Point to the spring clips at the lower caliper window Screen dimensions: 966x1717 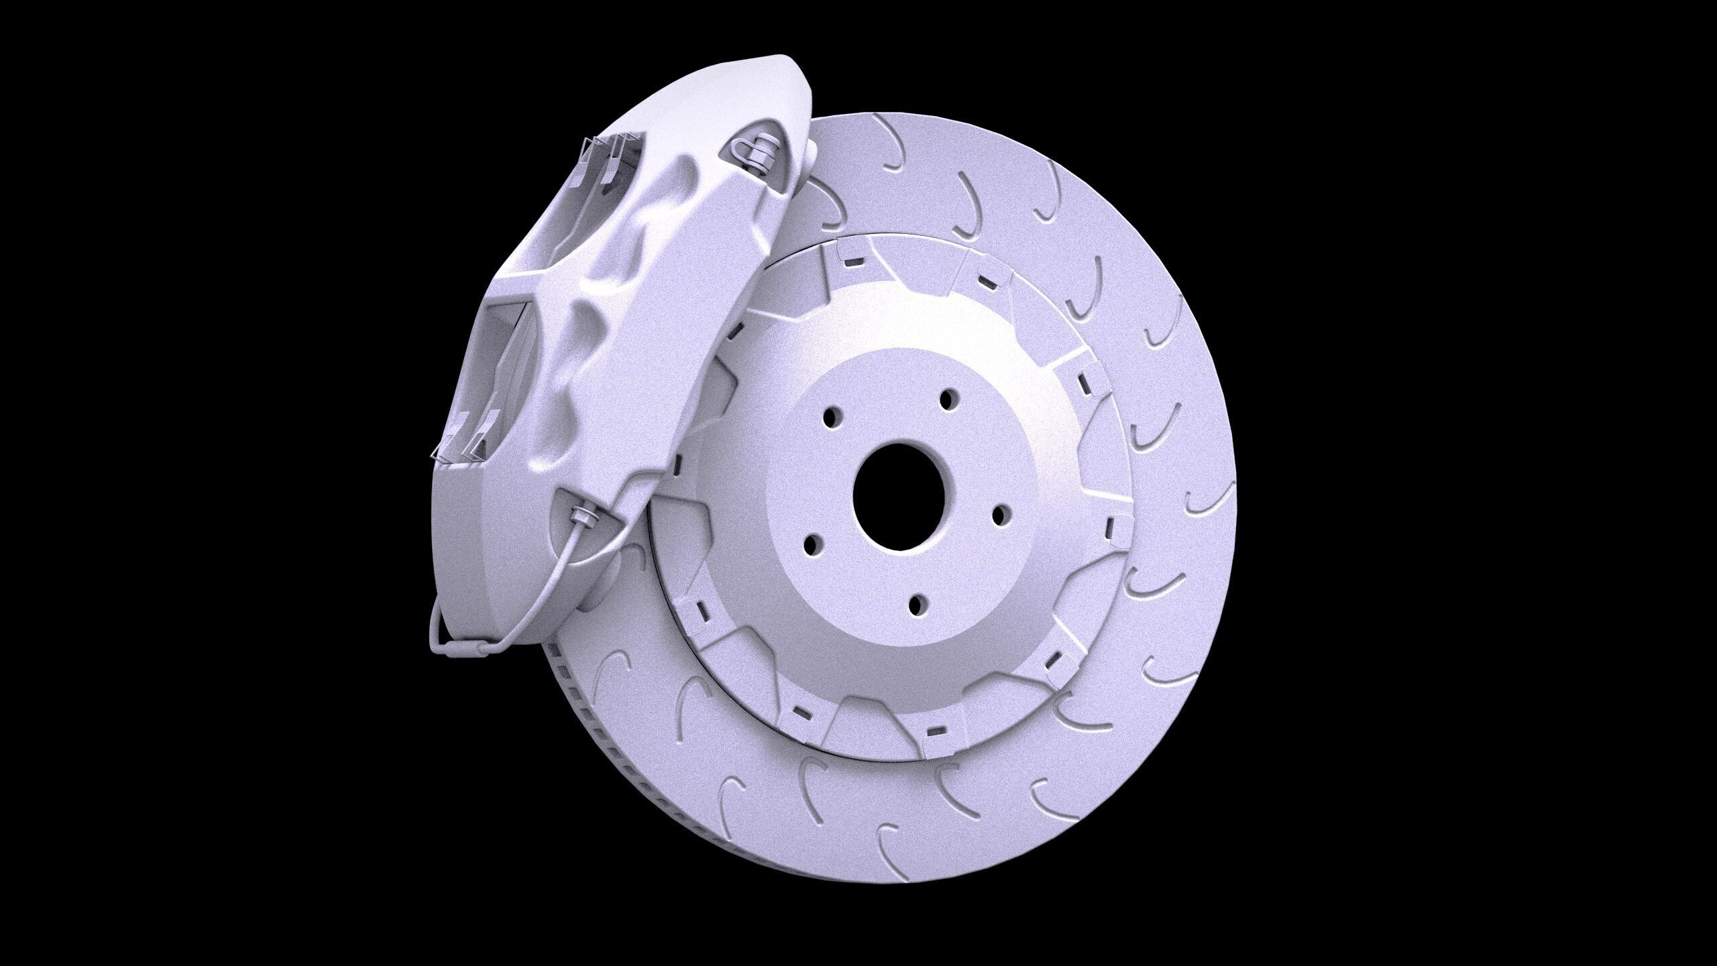tap(463, 439)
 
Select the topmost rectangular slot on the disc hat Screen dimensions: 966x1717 tap(854, 263)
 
